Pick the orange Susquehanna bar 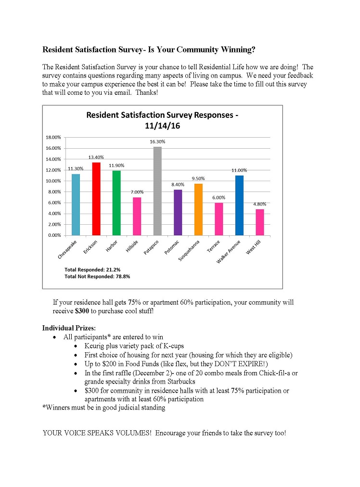coord(198,209)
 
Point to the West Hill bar coord(259,222)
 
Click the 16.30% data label coord(157,142)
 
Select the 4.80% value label coord(259,204)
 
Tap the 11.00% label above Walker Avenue coord(239,170)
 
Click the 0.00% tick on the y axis coord(54,235)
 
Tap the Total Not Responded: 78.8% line coord(97,277)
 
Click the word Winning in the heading coord(237,49)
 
